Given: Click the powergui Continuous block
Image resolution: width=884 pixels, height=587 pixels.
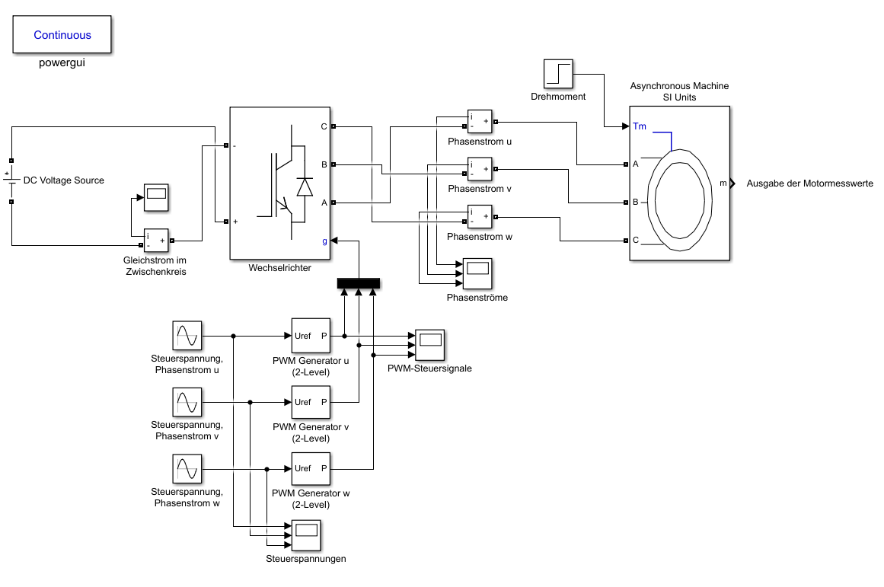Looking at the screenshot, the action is (62, 34).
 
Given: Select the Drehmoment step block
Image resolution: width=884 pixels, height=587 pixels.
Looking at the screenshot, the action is (558, 74).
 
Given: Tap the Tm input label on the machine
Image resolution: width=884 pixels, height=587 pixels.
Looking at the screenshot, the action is (640, 126).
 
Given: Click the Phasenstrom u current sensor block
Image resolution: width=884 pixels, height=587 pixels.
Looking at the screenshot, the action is (480, 122).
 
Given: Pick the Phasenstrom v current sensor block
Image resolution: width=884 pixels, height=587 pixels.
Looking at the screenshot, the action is (480, 169).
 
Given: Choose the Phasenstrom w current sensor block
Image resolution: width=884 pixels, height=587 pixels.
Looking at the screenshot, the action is (480, 216).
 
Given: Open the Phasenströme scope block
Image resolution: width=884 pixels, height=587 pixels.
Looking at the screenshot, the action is (477, 273).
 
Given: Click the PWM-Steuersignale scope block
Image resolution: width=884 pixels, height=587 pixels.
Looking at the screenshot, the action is (429, 345).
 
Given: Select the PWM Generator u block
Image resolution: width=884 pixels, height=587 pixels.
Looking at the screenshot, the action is (311, 336).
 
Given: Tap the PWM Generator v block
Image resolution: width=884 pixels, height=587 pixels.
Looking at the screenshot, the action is (311, 403).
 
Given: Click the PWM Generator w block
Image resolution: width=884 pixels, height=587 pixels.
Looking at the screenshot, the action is (311, 468).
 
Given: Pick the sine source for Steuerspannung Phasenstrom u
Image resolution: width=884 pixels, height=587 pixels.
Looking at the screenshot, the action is (187, 336).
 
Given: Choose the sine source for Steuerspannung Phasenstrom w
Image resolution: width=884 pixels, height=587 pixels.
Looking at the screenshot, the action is (187, 469).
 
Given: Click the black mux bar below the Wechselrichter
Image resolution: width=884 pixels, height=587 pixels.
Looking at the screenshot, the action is (359, 283).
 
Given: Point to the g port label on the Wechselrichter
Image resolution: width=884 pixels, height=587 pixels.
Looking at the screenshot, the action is (324, 241).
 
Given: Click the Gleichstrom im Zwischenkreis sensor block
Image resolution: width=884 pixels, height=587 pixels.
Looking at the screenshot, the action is (156, 241).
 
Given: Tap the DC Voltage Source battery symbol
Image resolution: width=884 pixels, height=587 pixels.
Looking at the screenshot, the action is (11, 180).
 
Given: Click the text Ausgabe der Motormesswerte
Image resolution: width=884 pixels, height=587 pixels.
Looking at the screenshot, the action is (809, 183).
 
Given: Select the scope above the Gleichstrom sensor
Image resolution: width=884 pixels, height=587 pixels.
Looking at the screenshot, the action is (156, 197).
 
